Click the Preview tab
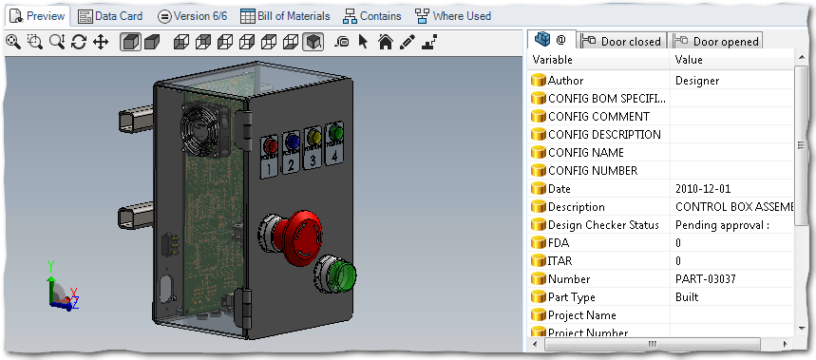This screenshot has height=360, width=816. coord(37,16)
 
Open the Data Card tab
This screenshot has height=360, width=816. coord(110,16)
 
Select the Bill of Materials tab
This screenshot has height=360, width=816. coord(285,16)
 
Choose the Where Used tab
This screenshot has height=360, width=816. coord(453,16)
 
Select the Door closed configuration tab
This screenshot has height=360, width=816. coord(622,41)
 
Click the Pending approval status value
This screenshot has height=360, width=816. coord(721,225)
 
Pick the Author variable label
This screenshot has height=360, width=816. coord(565,81)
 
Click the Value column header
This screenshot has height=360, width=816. coord(688,60)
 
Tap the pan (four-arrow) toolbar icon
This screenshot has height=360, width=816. coord(100,42)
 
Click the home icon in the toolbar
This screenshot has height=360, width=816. coord(385,42)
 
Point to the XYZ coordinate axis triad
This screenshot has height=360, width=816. coord(60,288)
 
